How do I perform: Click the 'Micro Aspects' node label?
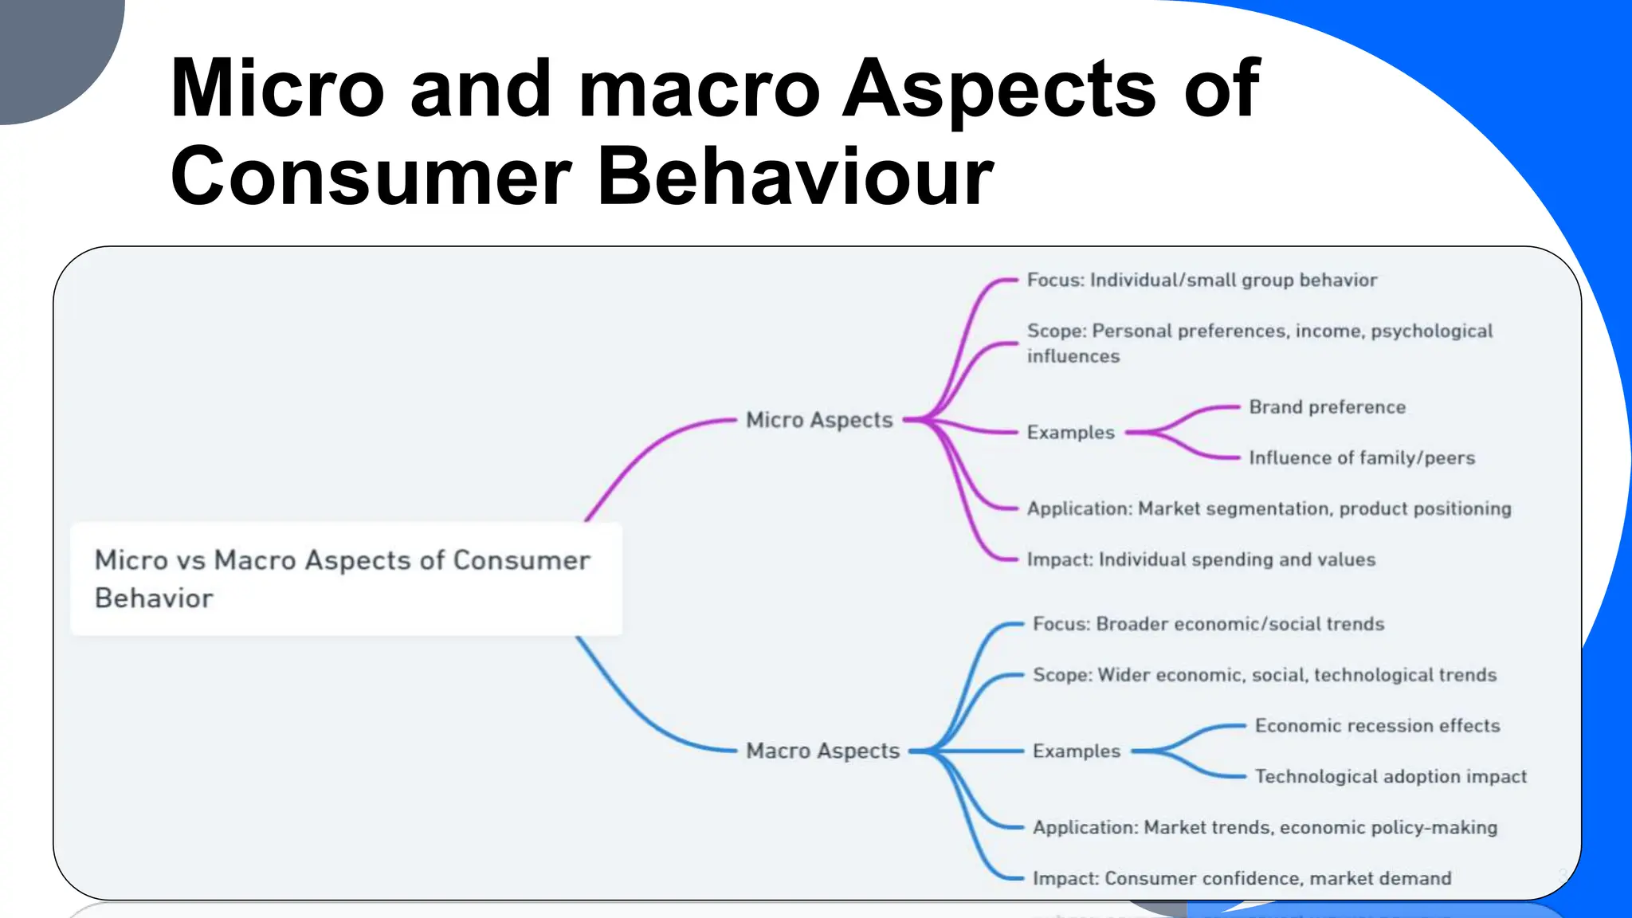819,420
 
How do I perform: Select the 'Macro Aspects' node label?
822,751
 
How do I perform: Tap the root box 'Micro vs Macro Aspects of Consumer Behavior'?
346,579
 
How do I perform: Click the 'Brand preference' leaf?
1327,407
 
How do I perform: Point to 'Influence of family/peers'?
1362,457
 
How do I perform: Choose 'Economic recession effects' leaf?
1377,725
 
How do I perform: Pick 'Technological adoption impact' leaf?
1391,776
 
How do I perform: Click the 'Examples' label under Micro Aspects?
1070,433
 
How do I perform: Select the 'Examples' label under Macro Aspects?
1077,751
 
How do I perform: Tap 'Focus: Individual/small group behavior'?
1202,280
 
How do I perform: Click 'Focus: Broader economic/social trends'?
1208,624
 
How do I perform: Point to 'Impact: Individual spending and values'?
1201,559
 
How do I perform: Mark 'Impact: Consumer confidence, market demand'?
1242,878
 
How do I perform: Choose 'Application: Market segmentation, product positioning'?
1269,508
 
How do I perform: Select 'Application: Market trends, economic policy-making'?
1265,827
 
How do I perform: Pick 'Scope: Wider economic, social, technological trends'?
1265,675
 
